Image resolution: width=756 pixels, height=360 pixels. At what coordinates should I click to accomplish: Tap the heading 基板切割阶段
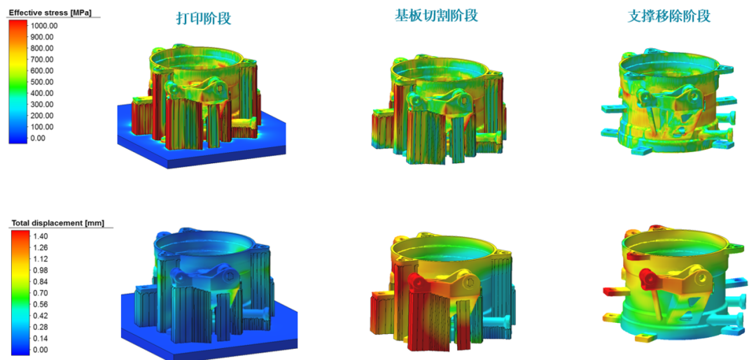tap(436, 16)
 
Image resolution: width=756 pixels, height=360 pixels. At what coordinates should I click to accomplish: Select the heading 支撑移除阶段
tap(669, 17)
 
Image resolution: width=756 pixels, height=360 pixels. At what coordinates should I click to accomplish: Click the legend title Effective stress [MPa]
tap(50, 13)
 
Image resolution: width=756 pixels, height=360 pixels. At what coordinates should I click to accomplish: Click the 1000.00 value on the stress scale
tap(44, 26)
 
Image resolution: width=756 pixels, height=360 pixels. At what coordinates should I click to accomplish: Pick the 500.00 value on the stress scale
tap(42, 82)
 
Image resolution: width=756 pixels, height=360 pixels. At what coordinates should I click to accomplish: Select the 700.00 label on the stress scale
tap(42, 60)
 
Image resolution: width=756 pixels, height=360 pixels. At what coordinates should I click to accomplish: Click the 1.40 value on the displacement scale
tap(40, 237)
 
